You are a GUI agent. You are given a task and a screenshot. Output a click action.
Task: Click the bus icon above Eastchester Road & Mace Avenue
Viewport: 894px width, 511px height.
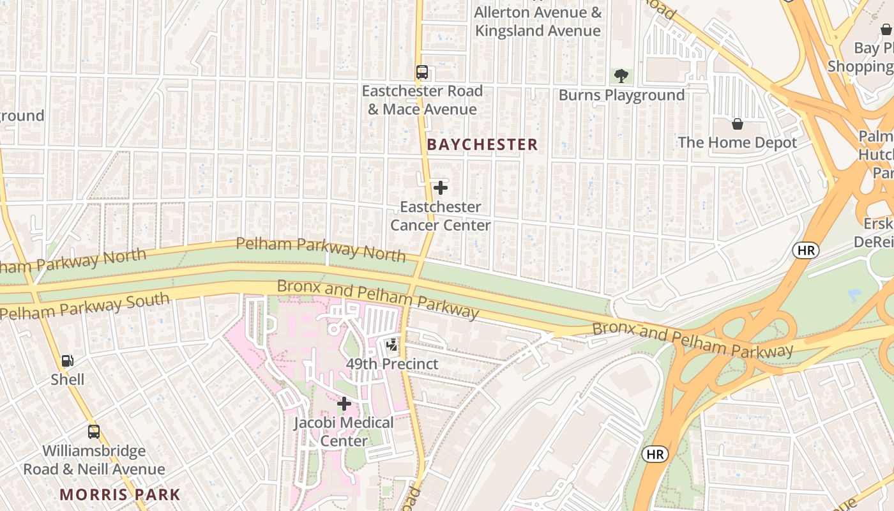point(421,72)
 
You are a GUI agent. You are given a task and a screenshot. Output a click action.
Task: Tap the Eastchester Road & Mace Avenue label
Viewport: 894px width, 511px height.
point(422,100)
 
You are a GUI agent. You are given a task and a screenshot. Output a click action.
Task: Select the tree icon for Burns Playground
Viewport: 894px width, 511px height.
point(620,77)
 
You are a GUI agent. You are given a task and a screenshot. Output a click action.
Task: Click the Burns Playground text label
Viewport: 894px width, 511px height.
point(621,95)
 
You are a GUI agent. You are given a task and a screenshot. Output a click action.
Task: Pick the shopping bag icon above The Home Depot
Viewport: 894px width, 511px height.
point(737,123)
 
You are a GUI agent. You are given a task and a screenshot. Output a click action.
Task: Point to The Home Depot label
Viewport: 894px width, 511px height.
point(738,142)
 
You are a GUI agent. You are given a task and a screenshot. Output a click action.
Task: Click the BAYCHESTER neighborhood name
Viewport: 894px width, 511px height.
point(482,145)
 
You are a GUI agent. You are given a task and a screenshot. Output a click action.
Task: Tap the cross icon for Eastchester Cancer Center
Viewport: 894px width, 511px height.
point(440,188)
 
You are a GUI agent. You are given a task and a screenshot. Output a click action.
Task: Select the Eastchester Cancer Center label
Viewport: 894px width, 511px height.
point(440,216)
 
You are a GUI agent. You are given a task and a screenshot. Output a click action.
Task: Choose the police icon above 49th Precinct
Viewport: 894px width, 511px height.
point(392,345)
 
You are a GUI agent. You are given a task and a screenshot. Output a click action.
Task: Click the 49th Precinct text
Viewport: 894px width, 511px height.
point(392,364)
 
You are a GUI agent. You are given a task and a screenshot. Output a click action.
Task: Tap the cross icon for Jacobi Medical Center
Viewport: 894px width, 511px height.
point(344,404)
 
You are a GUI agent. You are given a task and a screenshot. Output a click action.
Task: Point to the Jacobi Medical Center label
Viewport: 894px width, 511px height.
point(344,432)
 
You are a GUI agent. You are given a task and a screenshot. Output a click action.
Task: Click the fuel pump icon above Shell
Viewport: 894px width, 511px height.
point(68,361)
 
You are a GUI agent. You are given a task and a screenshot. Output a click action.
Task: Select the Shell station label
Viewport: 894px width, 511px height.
point(68,379)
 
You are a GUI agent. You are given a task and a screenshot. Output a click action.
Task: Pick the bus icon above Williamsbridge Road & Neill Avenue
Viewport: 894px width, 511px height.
point(94,432)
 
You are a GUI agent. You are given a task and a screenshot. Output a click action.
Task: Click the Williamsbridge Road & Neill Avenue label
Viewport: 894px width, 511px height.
point(94,460)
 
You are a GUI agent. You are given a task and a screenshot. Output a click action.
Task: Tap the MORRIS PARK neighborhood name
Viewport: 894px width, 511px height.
point(120,494)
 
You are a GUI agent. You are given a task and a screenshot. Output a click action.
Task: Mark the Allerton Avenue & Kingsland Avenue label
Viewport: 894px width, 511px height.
point(538,22)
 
